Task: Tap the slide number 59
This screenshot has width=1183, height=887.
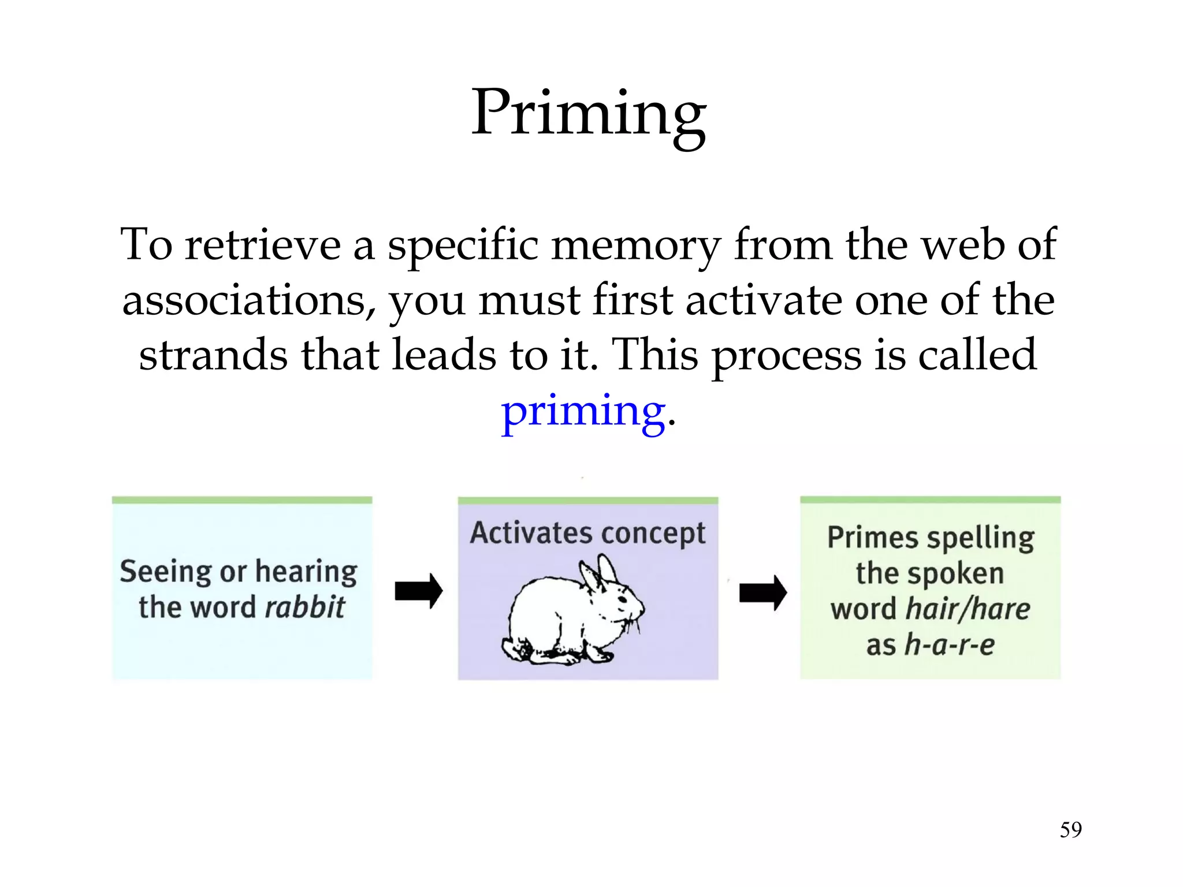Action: [x=1070, y=830]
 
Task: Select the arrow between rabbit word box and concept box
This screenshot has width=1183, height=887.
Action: [x=419, y=591]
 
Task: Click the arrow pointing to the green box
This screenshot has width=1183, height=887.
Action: [x=763, y=592]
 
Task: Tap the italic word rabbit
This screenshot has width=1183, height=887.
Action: [x=305, y=608]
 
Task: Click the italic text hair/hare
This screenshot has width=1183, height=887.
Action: [x=968, y=609]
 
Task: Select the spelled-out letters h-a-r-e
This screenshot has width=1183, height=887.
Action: [x=950, y=645]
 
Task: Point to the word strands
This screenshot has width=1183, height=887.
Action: [x=213, y=355]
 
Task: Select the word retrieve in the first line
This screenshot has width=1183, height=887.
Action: [x=263, y=245]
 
